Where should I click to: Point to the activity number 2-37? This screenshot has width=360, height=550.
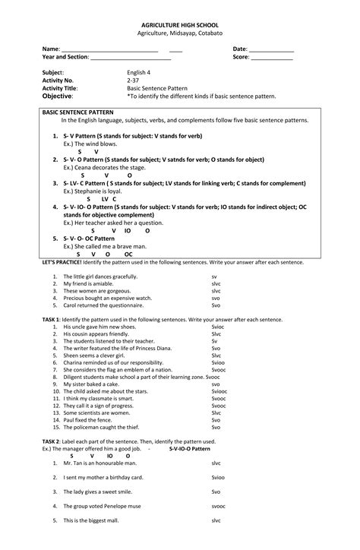click(x=133, y=80)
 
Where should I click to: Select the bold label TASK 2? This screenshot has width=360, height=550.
click(x=52, y=441)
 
